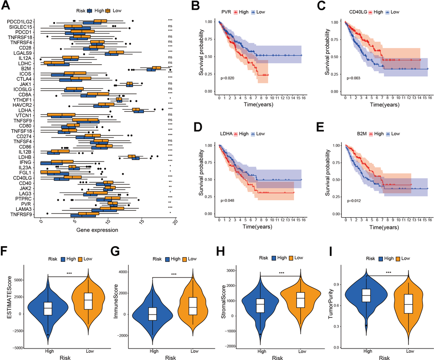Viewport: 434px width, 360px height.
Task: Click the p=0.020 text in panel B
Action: (228, 78)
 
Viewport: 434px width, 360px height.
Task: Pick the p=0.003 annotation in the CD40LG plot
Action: (354, 78)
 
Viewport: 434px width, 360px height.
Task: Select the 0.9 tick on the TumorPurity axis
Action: (351, 284)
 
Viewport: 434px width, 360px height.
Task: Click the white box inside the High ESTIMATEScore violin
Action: (48, 309)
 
